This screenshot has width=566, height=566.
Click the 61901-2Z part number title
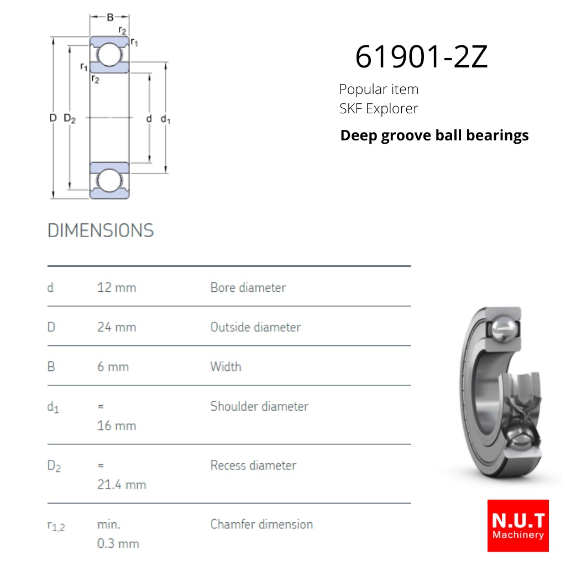421,56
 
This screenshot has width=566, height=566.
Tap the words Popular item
379,89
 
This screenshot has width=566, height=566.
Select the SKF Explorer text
379,108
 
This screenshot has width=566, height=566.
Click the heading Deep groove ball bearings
434,136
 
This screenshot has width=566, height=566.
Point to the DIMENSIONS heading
101,230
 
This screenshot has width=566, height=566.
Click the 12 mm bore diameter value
117,287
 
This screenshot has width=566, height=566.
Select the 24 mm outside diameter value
117,327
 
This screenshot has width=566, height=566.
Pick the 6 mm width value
113,367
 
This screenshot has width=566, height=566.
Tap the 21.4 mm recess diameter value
122,484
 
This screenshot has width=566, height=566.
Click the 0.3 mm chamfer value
118,543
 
